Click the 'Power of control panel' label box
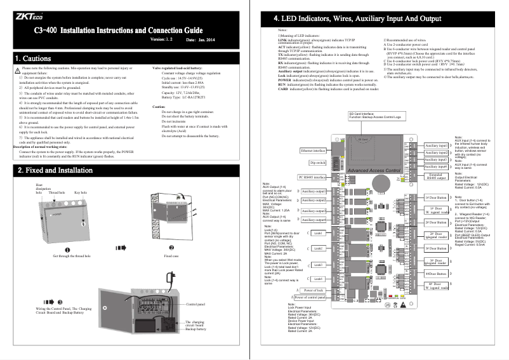coord(310,297)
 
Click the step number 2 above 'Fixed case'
coord(171,248)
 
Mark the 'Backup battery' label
coord(196,330)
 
